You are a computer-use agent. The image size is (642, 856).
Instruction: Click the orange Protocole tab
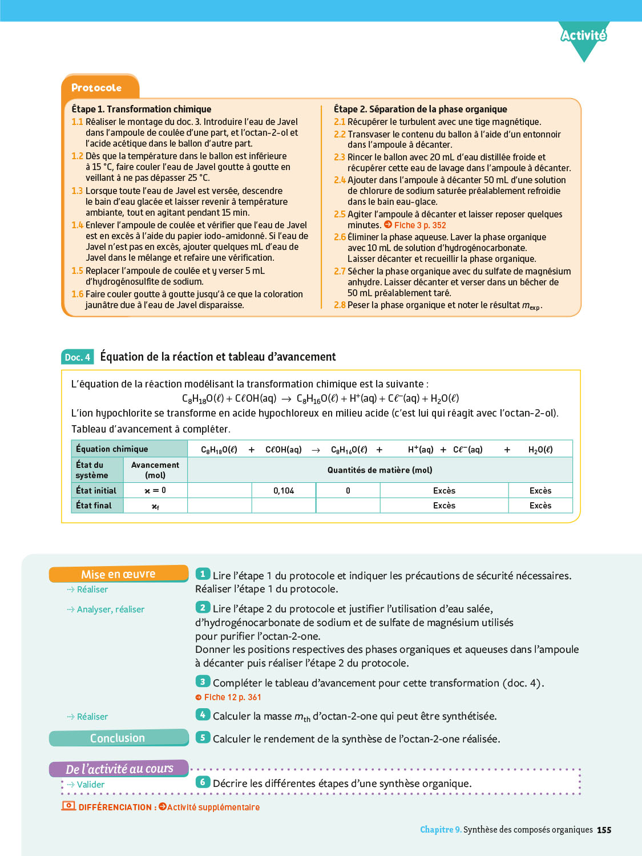97,88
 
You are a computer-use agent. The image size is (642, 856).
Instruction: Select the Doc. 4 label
77,357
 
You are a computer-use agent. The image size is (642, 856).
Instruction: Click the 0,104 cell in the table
284,491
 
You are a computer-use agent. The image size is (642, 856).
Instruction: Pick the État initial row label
96,491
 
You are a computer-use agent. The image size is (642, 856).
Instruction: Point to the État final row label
94,506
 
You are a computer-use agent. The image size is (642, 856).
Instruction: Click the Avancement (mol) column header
155,470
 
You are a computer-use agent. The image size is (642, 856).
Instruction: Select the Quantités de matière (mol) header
379,470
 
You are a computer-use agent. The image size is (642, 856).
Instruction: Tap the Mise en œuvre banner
118,574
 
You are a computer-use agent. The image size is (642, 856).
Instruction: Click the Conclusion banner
118,738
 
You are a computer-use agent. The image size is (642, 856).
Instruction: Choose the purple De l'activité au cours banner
119,769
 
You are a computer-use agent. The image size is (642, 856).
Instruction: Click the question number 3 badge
203,681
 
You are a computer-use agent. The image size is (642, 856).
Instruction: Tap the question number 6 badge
203,782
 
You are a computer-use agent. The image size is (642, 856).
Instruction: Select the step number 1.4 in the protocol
77,225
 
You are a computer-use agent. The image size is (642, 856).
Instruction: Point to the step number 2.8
340,305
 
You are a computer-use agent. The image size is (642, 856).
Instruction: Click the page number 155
604,830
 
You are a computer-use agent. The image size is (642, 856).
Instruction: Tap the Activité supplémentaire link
213,807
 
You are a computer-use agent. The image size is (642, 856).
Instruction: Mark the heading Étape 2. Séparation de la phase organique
420,109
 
